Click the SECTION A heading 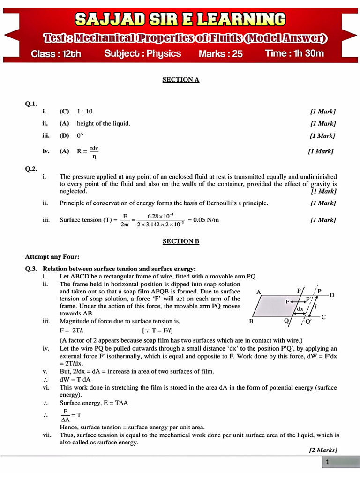click(x=180, y=80)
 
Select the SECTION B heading click(x=180, y=241)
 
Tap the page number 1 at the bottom click(x=328, y=462)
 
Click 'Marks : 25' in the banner click(x=220, y=54)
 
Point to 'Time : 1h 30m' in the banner click(x=294, y=53)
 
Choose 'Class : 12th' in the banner click(x=56, y=54)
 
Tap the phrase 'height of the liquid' click(x=103, y=123)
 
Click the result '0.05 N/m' click(x=203, y=220)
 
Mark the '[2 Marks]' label click(x=322, y=450)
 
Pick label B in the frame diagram click(x=251, y=322)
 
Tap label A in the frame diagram click(x=258, y=292)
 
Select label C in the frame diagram click(x=323, y=317)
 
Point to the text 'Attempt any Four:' click(x=52, y=256)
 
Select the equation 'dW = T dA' click(x=75, y=379)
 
